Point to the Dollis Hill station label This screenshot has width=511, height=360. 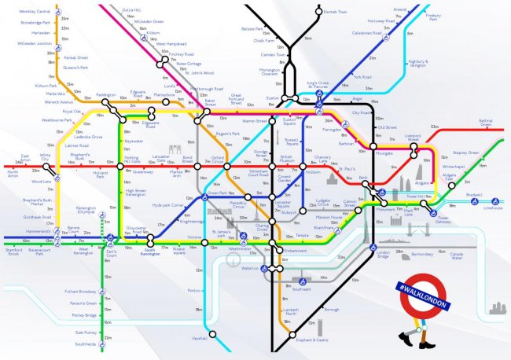[x=133, y=9]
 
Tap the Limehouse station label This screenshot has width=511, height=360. [x=493, y=208]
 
